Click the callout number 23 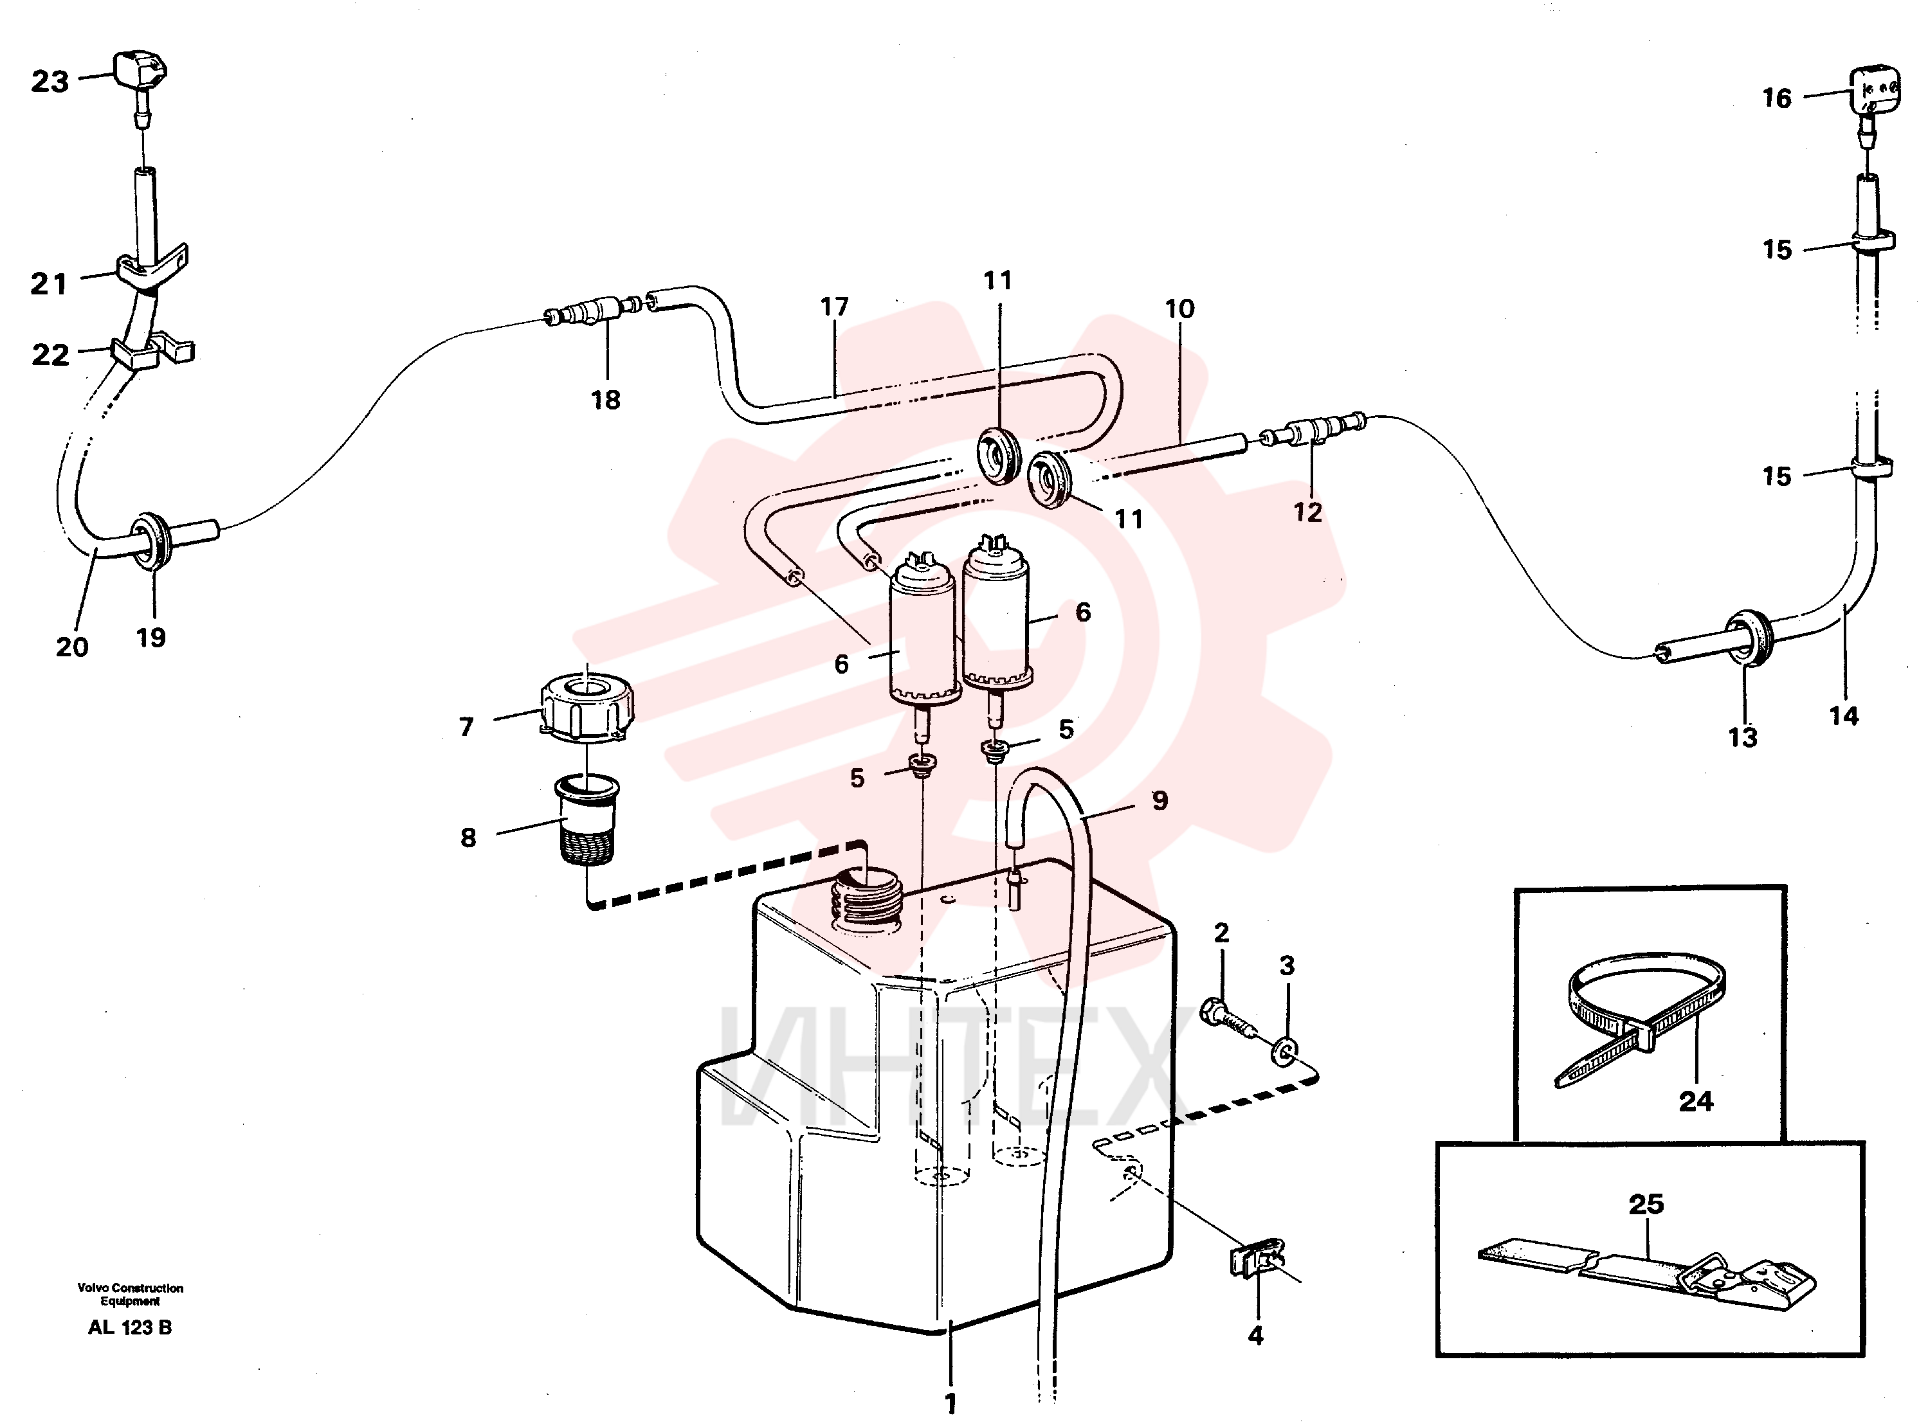[50, 82]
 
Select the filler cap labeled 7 [587, 706]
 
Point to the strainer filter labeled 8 [587, 818]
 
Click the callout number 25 [1645, 1204]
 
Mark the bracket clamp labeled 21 [150, 268]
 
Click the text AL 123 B [130, 1327]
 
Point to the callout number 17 [835, 307]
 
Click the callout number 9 [1160, 801]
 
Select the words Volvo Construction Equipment [130, 1294]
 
